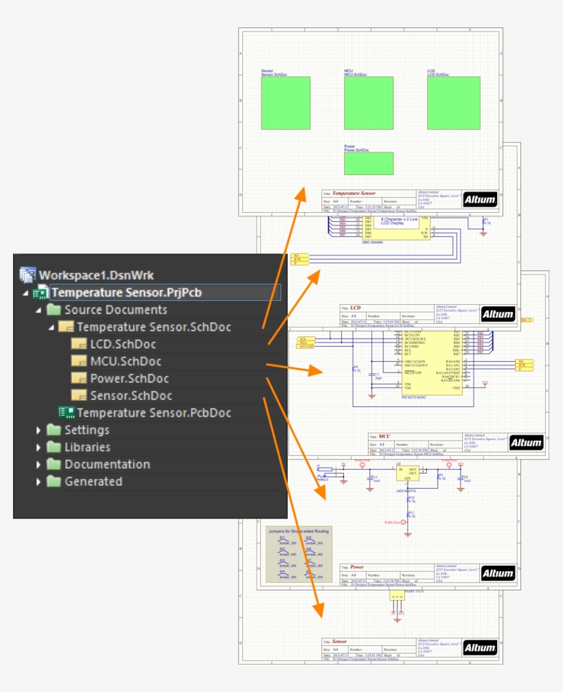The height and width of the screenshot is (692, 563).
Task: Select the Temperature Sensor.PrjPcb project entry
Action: pos(126,292)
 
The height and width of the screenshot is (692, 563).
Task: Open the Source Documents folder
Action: pos(115,310)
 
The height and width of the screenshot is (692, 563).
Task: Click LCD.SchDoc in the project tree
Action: pos(123,344)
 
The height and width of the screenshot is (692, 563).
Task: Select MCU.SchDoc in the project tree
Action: pos(126,361)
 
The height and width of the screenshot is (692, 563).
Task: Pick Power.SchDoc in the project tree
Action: pos(129,378)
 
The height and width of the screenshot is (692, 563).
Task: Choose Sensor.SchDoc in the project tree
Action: pos(131,395)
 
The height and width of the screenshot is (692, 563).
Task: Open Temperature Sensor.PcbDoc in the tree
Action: pos(153,413)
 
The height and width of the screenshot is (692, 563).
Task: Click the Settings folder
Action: pos(87,430)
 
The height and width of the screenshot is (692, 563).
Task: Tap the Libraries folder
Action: pos(87,447)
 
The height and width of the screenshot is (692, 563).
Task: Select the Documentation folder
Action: pos(107,464)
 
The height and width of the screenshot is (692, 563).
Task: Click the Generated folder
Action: pos(93,481)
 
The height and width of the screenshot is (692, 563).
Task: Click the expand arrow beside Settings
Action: pos(38,430)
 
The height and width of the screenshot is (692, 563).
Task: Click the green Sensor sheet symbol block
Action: pos(286,103)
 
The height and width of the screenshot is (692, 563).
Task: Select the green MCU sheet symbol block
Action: pos(369,103)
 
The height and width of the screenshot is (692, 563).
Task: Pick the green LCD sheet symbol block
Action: pos(453,103)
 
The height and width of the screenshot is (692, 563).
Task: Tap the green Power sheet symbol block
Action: pos(369,163)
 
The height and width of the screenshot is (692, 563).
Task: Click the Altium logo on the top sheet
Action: pos(480,198)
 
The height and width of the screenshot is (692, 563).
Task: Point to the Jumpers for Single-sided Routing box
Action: pos(298,554)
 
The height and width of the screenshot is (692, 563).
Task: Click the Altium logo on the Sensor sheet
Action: pos(480,647)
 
